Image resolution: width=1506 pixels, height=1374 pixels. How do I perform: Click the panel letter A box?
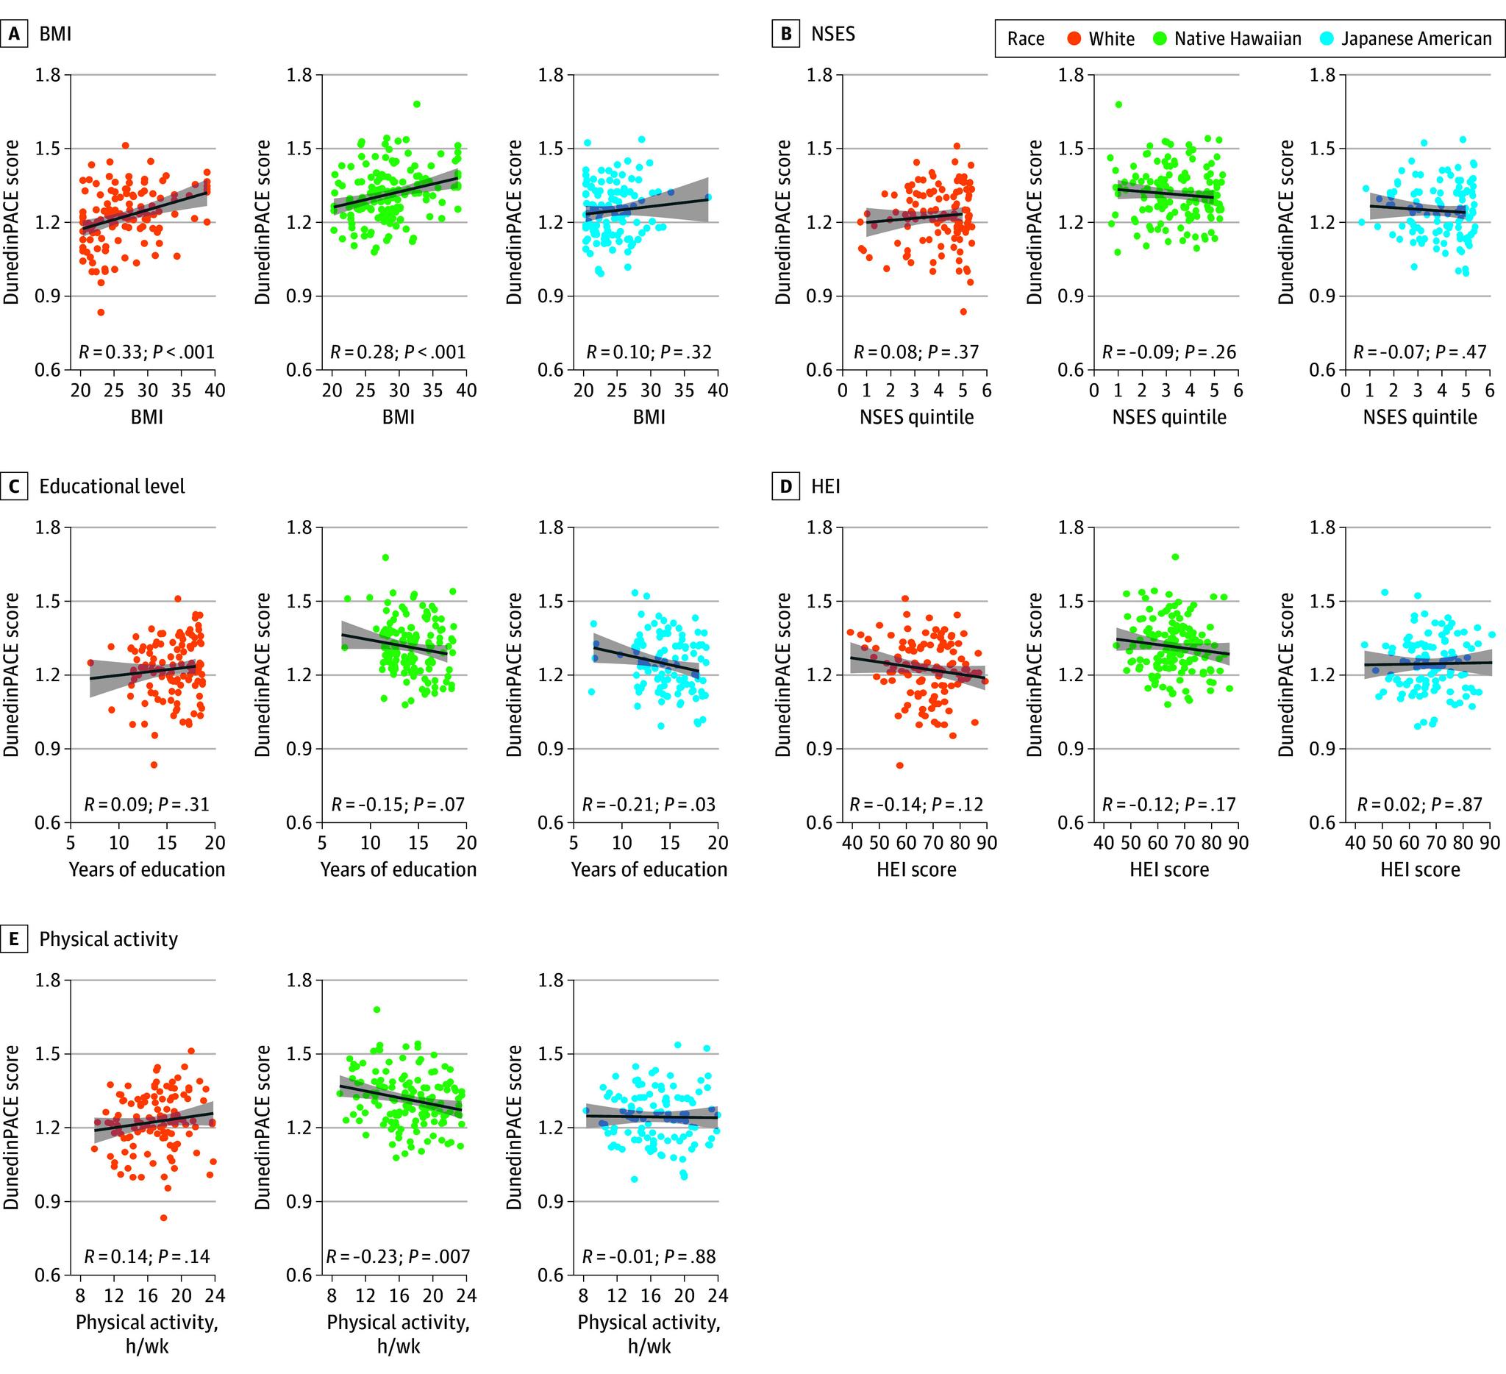tap(13, 35)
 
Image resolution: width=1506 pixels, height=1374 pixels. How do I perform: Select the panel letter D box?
tap(785, 487)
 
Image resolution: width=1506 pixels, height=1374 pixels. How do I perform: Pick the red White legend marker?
tap(1075, 39)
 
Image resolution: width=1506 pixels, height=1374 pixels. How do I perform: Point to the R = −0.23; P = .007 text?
tap(398, 1257)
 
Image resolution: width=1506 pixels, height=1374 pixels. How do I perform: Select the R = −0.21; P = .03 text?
tap(649, 805)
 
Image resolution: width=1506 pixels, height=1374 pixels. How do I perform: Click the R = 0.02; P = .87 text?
tap(1420, 805)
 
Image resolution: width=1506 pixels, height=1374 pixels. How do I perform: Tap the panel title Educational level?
tap(112, 486)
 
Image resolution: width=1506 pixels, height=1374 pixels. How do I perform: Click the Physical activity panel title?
tap(109, 939)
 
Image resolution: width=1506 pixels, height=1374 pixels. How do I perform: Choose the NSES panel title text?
tap(833, 34)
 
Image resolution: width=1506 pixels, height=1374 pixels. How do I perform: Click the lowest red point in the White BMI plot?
tap(101, 312)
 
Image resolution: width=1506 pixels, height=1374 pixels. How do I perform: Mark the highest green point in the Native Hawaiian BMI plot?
tap(417, 104)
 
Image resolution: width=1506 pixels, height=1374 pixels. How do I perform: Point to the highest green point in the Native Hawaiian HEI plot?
tap(1175, 557)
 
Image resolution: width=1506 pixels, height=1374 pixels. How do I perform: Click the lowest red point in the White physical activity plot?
tap(163, 1218)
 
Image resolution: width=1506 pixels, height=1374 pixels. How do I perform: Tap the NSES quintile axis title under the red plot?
tap(916, 417)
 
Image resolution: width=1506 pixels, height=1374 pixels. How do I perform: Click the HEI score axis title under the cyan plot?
tap(1420, 869)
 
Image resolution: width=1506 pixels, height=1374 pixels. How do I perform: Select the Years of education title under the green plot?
tap(398, 869)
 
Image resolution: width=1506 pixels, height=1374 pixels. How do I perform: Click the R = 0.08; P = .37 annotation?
tap(916, 352)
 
